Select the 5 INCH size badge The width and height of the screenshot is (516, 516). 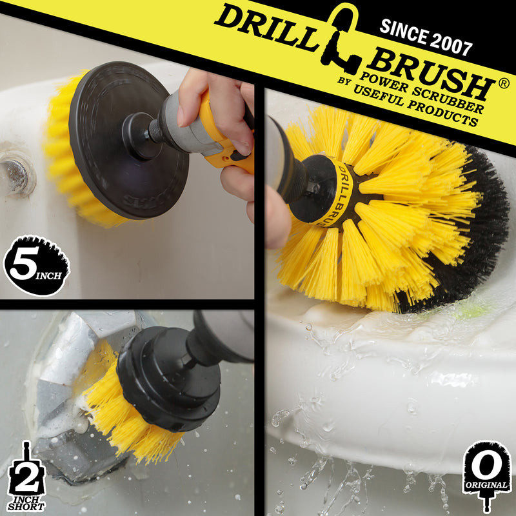[x=36, y=265]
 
